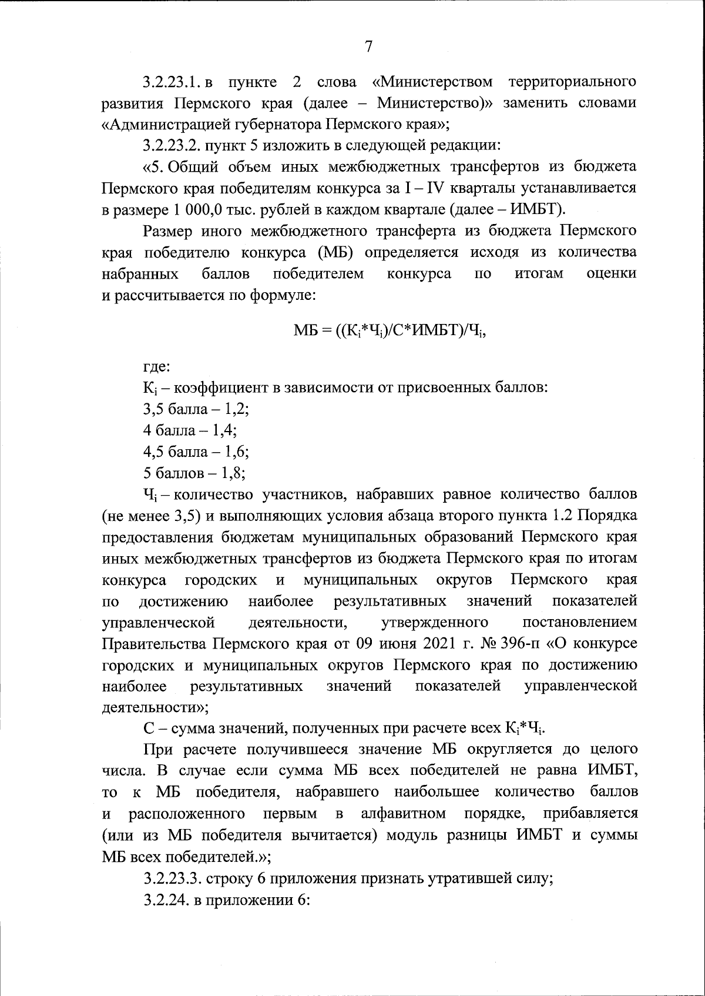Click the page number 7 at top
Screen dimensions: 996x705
point(368,47)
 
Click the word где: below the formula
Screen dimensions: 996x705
point(156,367)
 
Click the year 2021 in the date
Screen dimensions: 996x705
point(441,643)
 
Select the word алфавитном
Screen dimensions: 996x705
point(402,814)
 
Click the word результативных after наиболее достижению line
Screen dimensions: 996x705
point(390,601)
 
